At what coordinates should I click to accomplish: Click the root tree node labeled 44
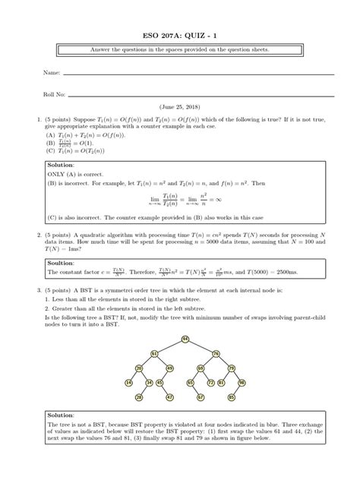(x=185, y=339)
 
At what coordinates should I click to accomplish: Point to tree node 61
(x=154, y=353)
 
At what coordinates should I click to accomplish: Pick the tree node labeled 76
(x=215, y=353)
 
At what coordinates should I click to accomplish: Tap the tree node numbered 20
(x=139, y=368)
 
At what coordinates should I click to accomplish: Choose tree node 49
(x=169, y=368)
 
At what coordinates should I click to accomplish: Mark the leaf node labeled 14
(x=128, y=383)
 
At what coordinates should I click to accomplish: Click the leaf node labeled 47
(x=169, y=397)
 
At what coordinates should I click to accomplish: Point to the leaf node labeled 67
(x=200, y=397)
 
